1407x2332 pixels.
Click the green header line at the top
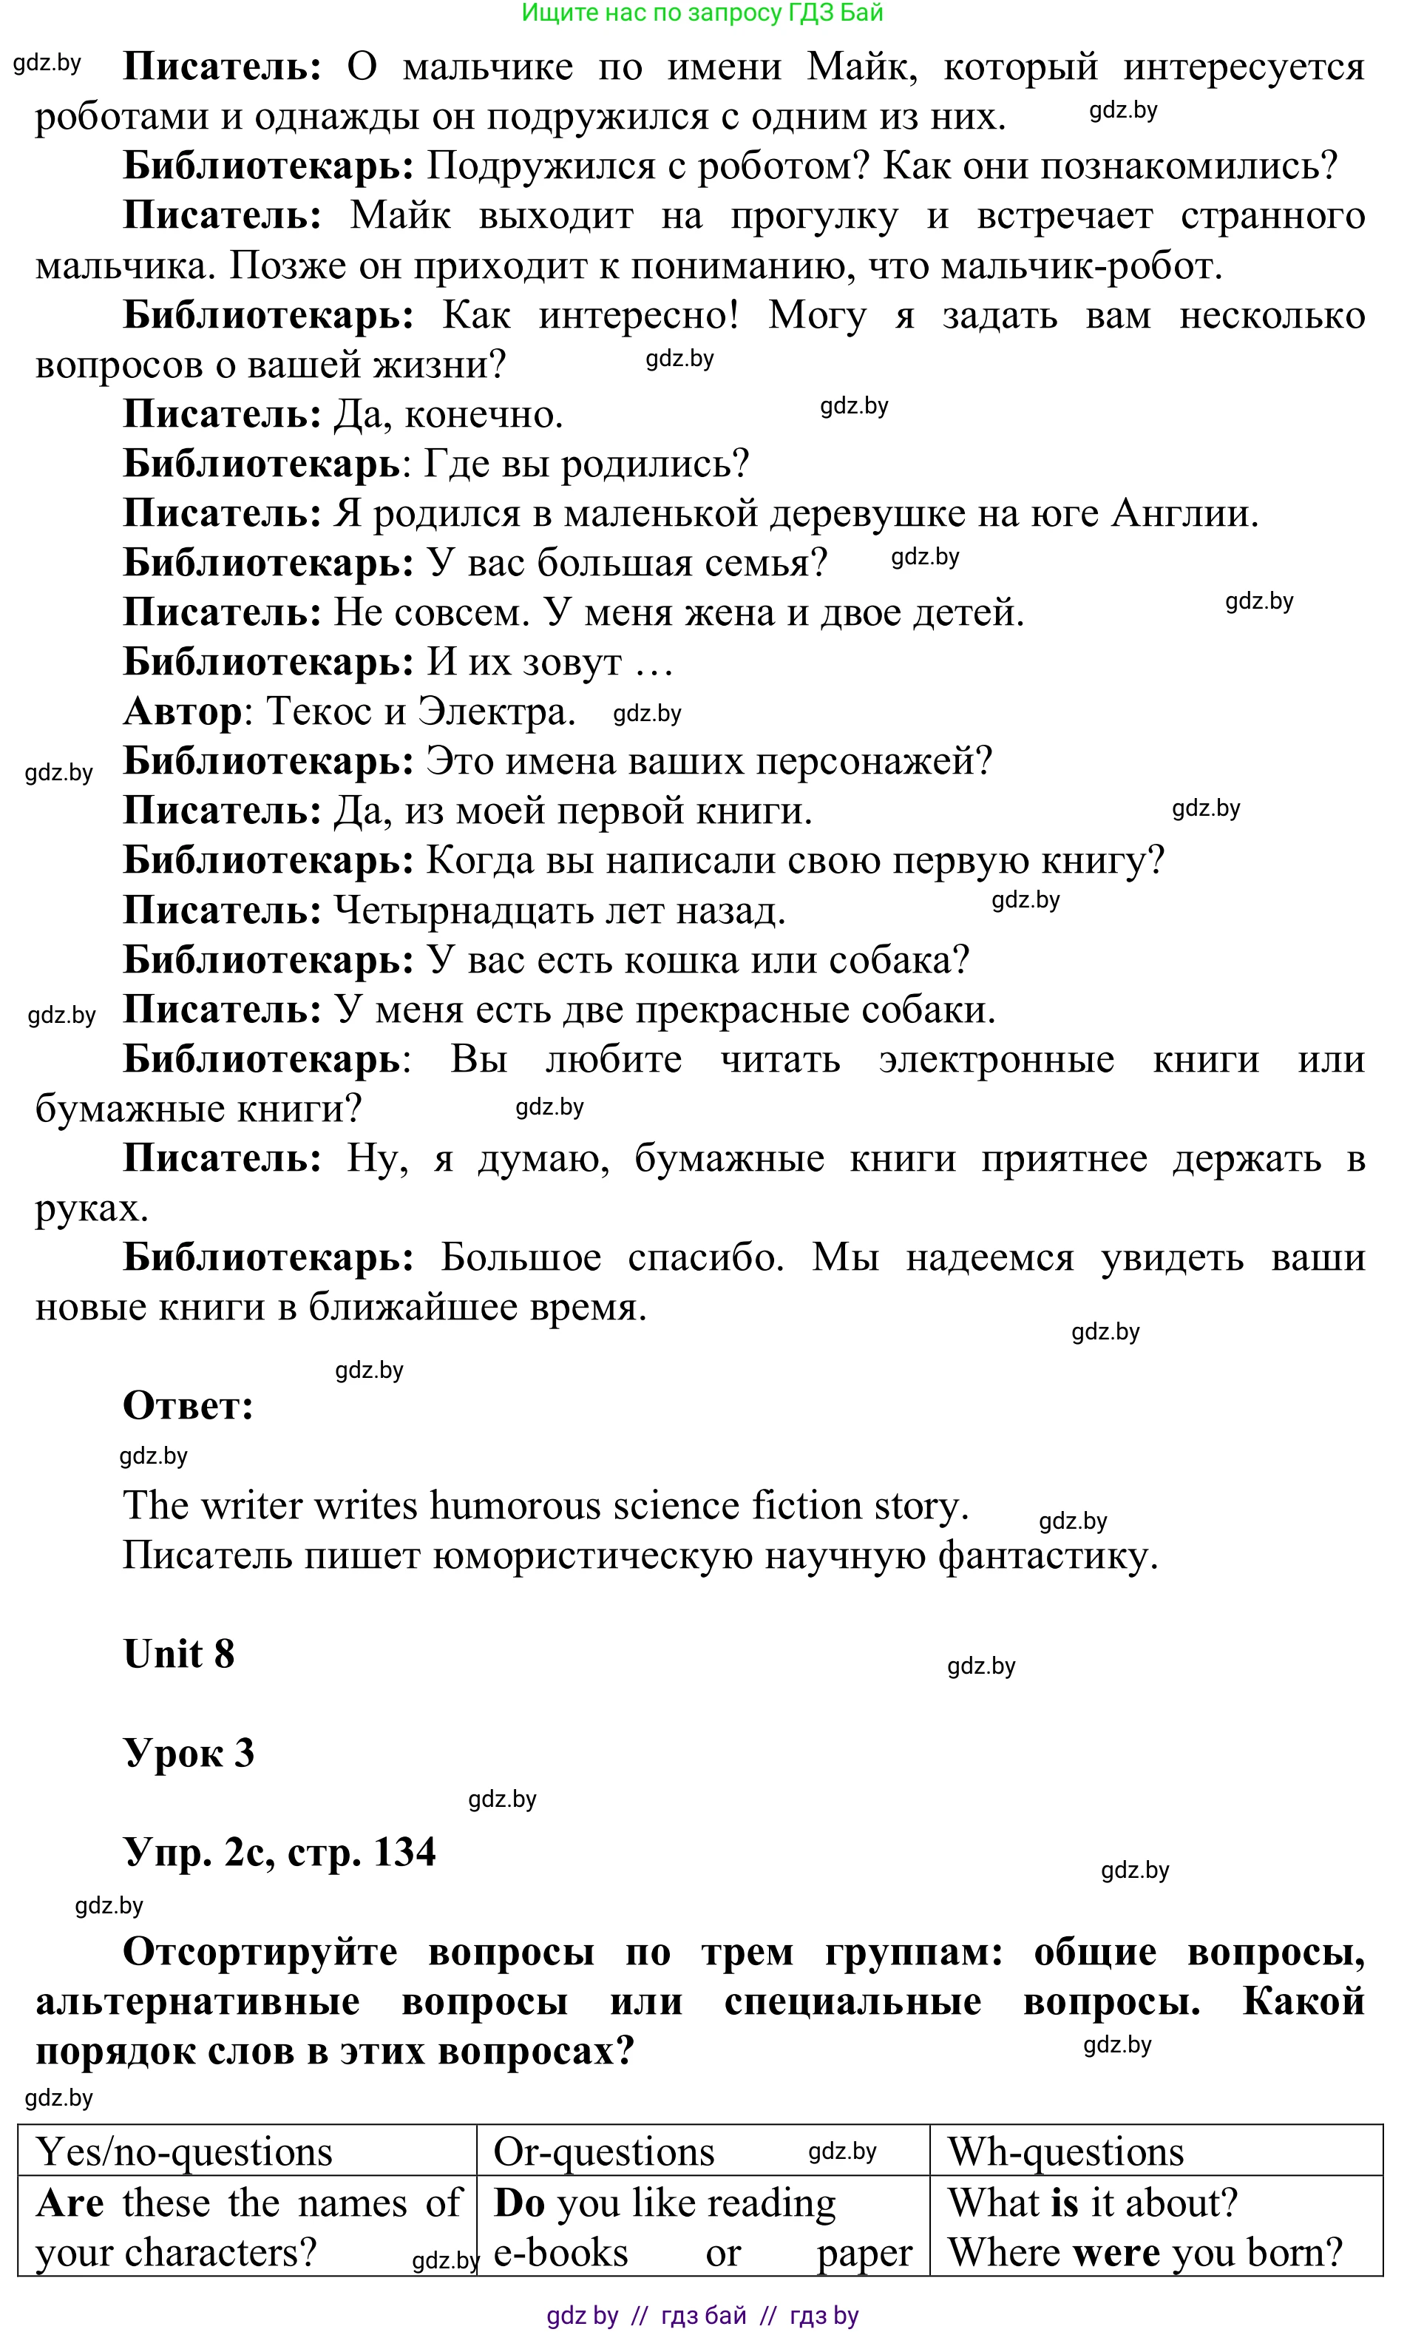point(702,13)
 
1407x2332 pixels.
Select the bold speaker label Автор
point(183,712)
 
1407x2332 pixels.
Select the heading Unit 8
point(179,1655)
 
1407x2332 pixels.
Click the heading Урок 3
point(189,1754)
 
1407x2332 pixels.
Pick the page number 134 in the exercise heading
point(405,1852)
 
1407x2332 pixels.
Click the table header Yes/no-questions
point(185,2152)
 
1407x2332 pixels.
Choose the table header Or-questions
point(603,2152)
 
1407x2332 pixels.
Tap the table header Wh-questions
point(1065,2152)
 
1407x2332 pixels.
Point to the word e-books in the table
point(561,2253)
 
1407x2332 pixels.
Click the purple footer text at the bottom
point(702,2315)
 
